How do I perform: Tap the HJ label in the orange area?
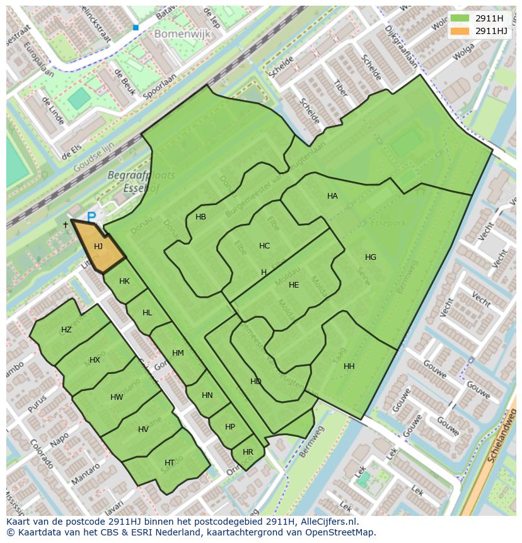(98, 247)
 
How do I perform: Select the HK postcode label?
(124, 281)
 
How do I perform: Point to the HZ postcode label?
(66, 330)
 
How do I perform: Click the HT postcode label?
(170, 463)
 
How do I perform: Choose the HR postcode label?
(248, 452)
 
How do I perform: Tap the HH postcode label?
(349, 366)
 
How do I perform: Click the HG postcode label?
(371, 257)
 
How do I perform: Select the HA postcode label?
(332, 196)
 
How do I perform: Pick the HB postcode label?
(201, 217)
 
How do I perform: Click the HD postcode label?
(255, 382)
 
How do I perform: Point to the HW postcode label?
(117, 397)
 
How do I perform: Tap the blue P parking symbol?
(91, 217)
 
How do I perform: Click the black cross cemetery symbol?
(66, 225)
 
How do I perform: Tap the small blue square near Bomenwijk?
(136, 28)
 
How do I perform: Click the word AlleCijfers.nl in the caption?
(327, 522)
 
